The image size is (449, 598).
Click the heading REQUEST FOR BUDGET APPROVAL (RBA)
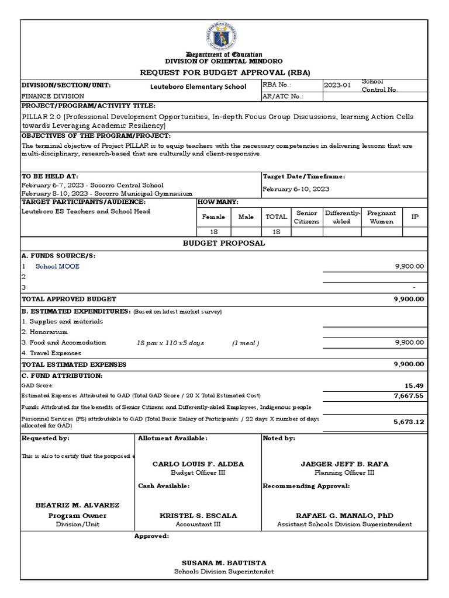tap(224, 72)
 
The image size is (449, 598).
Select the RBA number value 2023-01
tap(339, 85)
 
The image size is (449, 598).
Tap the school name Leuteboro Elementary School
tap(198, 86)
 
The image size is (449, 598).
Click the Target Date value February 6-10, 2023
tap(296, 189)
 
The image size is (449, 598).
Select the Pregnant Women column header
tap(381, 217)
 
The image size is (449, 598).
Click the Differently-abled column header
tap(343, 217)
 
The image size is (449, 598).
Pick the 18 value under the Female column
tap(213, 232)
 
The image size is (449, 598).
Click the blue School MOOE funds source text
tap(57, 266)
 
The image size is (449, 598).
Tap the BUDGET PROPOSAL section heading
tap(224, 243)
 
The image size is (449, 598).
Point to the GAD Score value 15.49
tap(413, 385)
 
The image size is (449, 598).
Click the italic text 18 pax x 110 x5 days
tap(170, 343)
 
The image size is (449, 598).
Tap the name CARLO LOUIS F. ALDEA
tap(198, 464)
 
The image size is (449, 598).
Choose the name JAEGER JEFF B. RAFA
tap(344, 464)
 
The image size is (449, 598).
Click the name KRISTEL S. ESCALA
tap(198, 516)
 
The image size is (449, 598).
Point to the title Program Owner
tap(77, 516)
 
